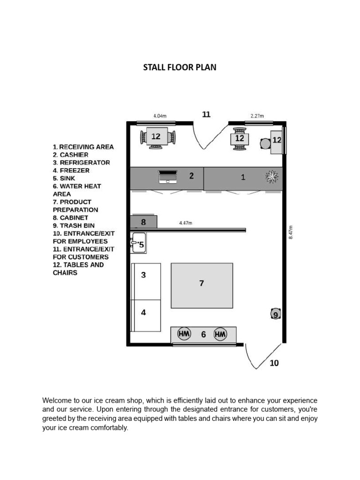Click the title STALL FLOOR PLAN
pyautogui.click(x=180, y=67)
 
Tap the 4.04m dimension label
pyautogui.click(x=160, y=116)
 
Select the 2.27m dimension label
pyautogui.click(x=257, y=116)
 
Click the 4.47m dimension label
pyautogui.click(x=186, y=224)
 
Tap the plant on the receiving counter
pyautogui.click(x=272, y=177)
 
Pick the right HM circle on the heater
pyautogui.click(x=220, y=334)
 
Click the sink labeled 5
pyautogui.click(x=138, y=243)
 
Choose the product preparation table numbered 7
pyautogui.click(x=202, y=285)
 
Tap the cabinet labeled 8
pyautogui.click(x=143, y=222)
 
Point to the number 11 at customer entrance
pyautogui.click(x=206, y=114)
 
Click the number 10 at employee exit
pyautogui.click(x=274, y=363)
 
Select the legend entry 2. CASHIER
pyautogui.click(x=70, y=155)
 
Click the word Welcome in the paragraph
pyautogui.click(x=57, y=401)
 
